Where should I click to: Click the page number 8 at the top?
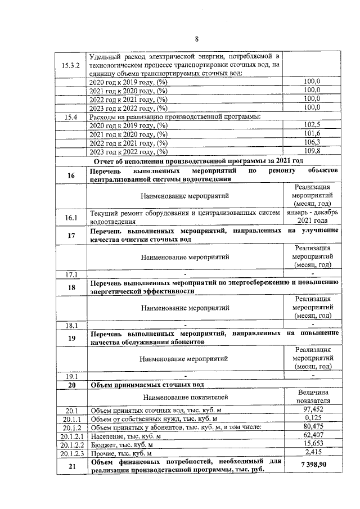pos(197,39)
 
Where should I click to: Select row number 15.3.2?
pos(71,65)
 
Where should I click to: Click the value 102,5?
pos(311,124)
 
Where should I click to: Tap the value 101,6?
pos(311,133)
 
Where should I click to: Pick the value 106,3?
pos(311,142)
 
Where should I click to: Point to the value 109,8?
pos(311,151)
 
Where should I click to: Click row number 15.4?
pos(71,116)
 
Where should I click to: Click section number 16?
pos(71,175)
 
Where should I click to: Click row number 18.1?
pos(71,325)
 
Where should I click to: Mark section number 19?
pos(71,338)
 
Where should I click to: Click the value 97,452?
pos(312,410)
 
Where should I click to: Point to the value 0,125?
pos(312,418)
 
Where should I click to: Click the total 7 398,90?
pos(312,465)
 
